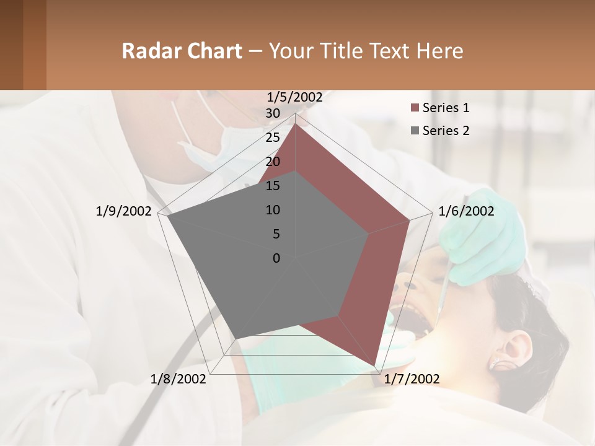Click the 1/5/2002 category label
(x=294, y=97)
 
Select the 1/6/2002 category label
(x=466, y=211)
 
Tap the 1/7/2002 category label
(x=412, y=379)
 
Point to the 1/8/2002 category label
(x=178, y=379)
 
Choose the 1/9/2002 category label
(x=123, y=211)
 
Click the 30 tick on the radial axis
(x=273, y=113)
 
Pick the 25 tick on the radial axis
(x=273, y=138)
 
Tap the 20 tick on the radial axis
(x=273, y=162)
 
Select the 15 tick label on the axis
(x=273, y=186)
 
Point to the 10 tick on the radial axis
(x=273, y=210)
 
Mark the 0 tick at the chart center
(x=276, y=258)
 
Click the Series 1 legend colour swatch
(x=415, y=108)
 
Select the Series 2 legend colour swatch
(x=415, y=131)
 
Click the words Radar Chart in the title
(x=182, y=51)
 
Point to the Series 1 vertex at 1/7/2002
(x=376, y=365)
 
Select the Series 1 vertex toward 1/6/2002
(x=410, y=219)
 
